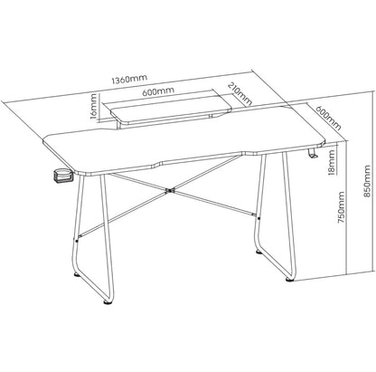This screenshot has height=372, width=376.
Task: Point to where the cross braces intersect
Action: [x=168, y=189]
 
